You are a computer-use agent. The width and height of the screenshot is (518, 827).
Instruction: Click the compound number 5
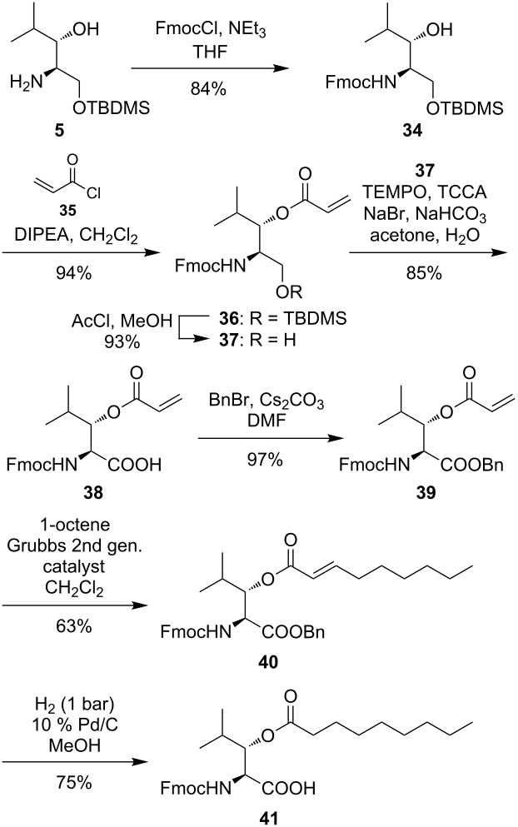coord(60,130)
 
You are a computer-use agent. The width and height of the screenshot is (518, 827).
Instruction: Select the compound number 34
coord(412,130)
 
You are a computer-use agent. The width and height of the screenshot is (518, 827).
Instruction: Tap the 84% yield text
coord(208,89)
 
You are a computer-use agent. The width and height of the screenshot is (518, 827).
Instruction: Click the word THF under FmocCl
coord(210,52)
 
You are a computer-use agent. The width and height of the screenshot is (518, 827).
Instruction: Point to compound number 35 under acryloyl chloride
coord(68,211)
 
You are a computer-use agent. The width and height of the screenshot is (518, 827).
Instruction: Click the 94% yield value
coord(74,273)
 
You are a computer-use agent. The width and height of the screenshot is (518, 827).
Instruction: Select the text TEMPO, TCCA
coord(425,192)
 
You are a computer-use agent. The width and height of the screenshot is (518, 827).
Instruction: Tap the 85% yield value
coord(424,273)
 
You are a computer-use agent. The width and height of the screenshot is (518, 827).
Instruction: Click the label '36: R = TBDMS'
coord(283,319)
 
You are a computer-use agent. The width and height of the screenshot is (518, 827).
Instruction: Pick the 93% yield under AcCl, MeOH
coord(122,341)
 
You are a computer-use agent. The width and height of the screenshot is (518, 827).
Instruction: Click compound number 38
coord(92,492)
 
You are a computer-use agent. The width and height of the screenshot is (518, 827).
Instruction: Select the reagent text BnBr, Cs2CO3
coord(266,401)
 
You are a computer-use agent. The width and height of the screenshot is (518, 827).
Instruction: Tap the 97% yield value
coord(265,460)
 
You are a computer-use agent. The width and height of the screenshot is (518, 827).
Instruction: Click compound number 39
coord(426,492)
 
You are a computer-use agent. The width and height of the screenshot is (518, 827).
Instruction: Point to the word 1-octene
coord(74,525)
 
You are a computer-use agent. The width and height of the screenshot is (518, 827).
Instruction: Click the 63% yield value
coord(74,626)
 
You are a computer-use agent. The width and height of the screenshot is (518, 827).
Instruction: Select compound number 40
coord(267,661)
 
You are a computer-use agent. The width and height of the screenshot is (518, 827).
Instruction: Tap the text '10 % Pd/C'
coord(74,725)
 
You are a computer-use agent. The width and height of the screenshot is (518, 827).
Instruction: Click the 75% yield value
coord(74,782)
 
